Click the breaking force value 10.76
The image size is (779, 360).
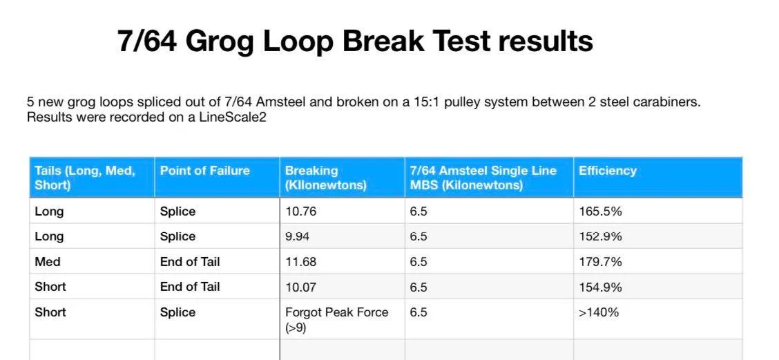300,211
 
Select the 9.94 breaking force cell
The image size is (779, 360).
297,236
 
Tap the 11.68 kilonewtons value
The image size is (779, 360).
300,262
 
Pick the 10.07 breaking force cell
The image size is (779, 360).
300,287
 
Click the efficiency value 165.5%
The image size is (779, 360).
601,211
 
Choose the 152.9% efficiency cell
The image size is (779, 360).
601,236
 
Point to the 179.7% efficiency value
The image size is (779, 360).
601,262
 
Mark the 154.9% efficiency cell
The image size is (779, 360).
601,287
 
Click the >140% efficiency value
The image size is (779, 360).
599,312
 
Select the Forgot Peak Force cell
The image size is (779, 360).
337,320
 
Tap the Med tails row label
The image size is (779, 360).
48,262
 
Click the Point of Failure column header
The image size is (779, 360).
204,171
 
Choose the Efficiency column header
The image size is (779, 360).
608,171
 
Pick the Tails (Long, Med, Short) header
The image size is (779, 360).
85,178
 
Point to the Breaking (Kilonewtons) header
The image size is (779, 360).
325,178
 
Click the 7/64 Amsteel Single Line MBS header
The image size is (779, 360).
483,178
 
